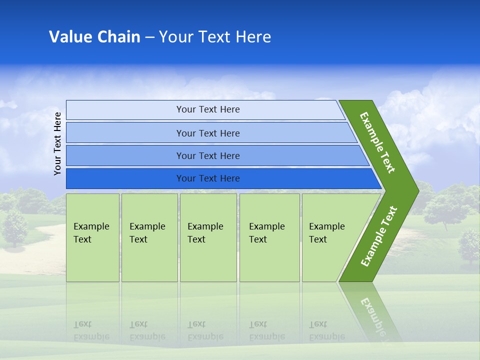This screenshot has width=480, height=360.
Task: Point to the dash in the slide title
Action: (149, 37)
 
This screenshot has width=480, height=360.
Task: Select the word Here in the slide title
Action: (253, 37)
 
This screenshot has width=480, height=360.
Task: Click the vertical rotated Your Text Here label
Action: (57, 143)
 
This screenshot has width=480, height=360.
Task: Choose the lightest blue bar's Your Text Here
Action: (208, 109)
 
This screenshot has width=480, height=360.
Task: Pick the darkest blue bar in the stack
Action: (208, 178)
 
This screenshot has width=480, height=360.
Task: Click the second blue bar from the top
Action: (208, 133)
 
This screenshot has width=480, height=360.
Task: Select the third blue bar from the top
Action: (208, 155)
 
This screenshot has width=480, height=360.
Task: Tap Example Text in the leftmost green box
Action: (91, 233)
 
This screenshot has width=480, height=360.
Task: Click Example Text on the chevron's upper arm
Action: (377, 142)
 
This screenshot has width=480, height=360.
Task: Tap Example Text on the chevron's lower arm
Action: (379, 236)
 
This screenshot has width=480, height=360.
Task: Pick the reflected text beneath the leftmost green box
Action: (91, 330)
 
